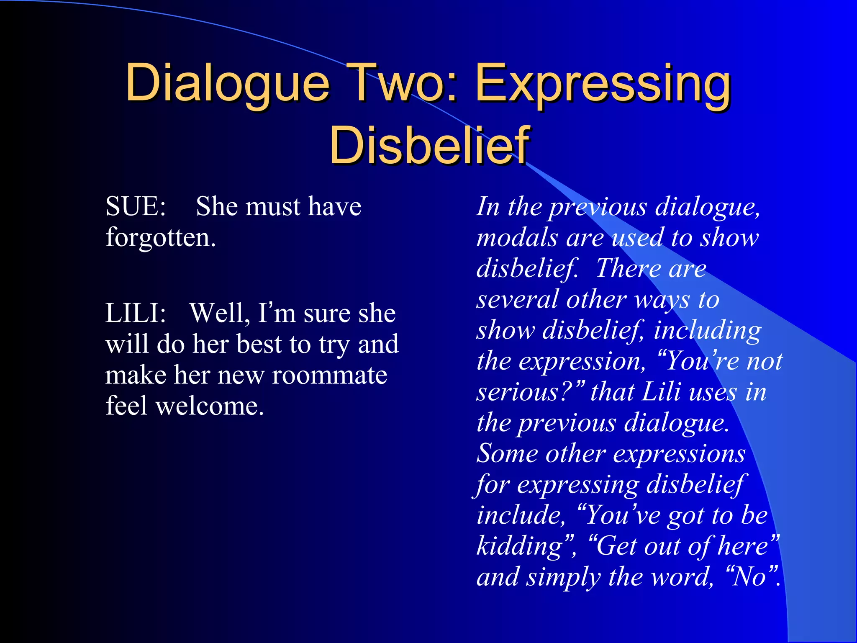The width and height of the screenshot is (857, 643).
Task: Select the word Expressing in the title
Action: click(x=603, y=84)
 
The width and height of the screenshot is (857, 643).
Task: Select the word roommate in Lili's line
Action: click(x=329, y=375)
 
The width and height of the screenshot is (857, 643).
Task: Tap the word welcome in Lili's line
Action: click(x=209, y=406)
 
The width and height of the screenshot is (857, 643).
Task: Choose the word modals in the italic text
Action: click(x=517, y=237)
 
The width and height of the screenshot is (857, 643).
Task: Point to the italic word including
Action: click(x=707, y=330)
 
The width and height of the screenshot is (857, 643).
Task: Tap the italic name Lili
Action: click(x=661, y=392)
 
